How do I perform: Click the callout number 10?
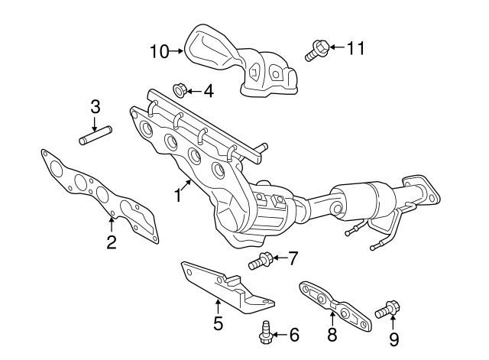pos(159,51)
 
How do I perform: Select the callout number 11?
pos(355,48)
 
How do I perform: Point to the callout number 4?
pos(208,92)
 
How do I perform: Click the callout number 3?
pos(95,107)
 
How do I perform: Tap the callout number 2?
pos(112,243)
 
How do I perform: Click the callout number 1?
pos(176,194)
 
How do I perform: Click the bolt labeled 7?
pos(261,261)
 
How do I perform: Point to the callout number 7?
pos(293,259)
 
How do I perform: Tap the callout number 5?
pos(218,324)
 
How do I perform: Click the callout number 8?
pos(332,334)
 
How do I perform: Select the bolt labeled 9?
pos(387,310)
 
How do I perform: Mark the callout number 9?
pos(393,338)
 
